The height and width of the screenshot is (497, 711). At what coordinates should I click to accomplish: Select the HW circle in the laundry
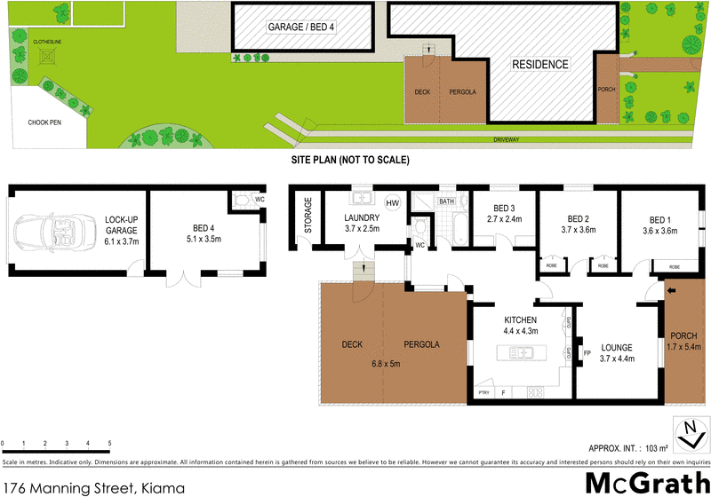click(x=392, y=202)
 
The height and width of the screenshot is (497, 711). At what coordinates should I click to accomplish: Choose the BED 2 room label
click(x=578, y=225)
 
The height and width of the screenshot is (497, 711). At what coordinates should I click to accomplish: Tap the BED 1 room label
click(x=659, y=225)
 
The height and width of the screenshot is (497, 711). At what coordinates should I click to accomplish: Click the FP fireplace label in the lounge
click(x=587, y=353)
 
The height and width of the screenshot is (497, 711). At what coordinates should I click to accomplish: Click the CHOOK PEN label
click(x=44, y=122)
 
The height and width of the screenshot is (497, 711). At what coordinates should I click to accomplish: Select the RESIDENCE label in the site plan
click(x=539, y=65)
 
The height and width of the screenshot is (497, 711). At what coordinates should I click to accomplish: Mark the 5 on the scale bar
click(x=109, y=443)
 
